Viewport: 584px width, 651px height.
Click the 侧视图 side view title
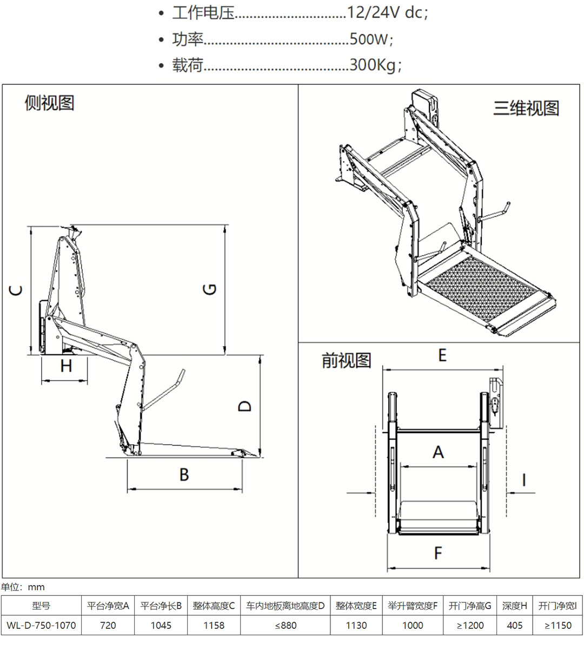(49, 103)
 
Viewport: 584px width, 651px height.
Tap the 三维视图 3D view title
(526, 108)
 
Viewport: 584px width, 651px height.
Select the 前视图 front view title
(346, 360)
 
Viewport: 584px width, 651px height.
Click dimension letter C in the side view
(17, 290)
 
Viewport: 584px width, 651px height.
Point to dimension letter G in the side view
(210, 289)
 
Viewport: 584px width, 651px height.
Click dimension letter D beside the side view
(245, 406)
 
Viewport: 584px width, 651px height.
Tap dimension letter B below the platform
(184, 474)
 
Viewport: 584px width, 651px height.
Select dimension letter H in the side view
(66, 366)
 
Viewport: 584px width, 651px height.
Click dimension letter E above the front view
(442, 355)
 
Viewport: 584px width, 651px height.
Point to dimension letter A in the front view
(438, 452)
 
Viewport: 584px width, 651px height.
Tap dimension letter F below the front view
(438, 553)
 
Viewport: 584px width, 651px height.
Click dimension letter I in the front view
(523, 479)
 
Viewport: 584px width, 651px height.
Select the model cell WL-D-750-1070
(41, 625)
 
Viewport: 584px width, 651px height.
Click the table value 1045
(161, 625)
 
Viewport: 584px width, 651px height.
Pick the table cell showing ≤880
(286, 625)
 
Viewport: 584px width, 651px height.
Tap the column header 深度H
(514, 606)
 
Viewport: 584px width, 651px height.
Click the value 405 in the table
(514, 625)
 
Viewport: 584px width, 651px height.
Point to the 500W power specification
(369, 39)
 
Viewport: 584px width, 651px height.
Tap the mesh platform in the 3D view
(476, 292)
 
